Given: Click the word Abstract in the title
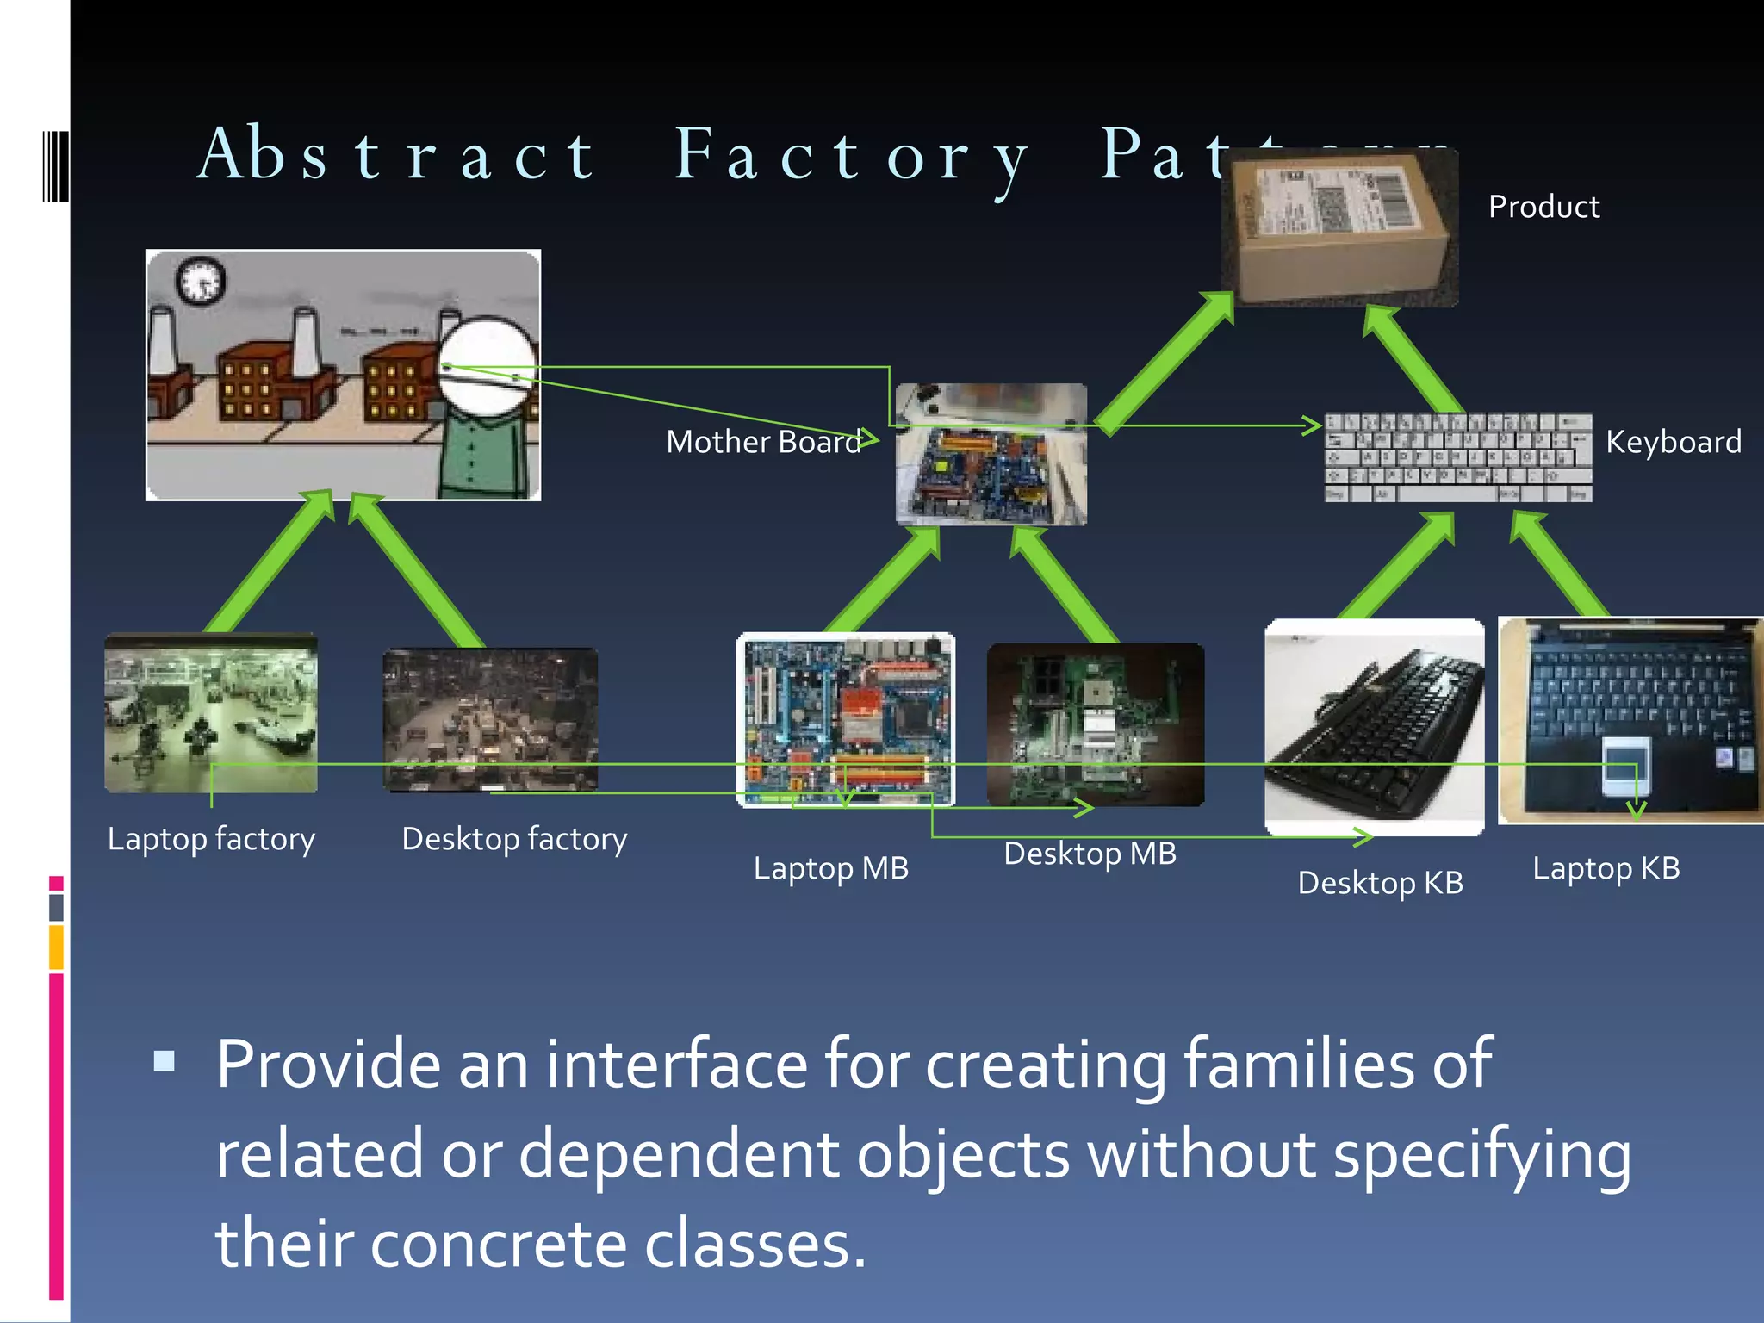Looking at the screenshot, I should [x=396, y=155].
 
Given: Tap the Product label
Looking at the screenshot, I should [x=1543, y=207].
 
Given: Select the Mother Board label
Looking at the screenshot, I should [x=763, y=442].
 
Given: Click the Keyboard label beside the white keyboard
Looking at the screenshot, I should [x=1673, y=442].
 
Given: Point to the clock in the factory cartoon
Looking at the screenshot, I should [x=201, y=280].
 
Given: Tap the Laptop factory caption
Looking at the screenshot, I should [x=211, y=839].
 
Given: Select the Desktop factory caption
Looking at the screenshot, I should [x=514, y=839].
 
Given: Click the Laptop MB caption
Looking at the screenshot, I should [x=830, y=868].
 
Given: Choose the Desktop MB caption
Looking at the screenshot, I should [x=1090, y=854].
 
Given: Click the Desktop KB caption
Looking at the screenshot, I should [x=1380, y=883].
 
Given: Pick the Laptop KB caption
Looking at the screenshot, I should [x=1606, y=868].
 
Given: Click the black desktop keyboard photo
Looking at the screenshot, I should [x=1374, y=726].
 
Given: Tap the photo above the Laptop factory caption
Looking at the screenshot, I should [x=211, y=712].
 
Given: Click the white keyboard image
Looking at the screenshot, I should [x=1457, y=457].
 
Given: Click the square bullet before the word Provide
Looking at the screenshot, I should [x=164, y=1060].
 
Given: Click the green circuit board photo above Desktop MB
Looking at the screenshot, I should [x=1095, y=724].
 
